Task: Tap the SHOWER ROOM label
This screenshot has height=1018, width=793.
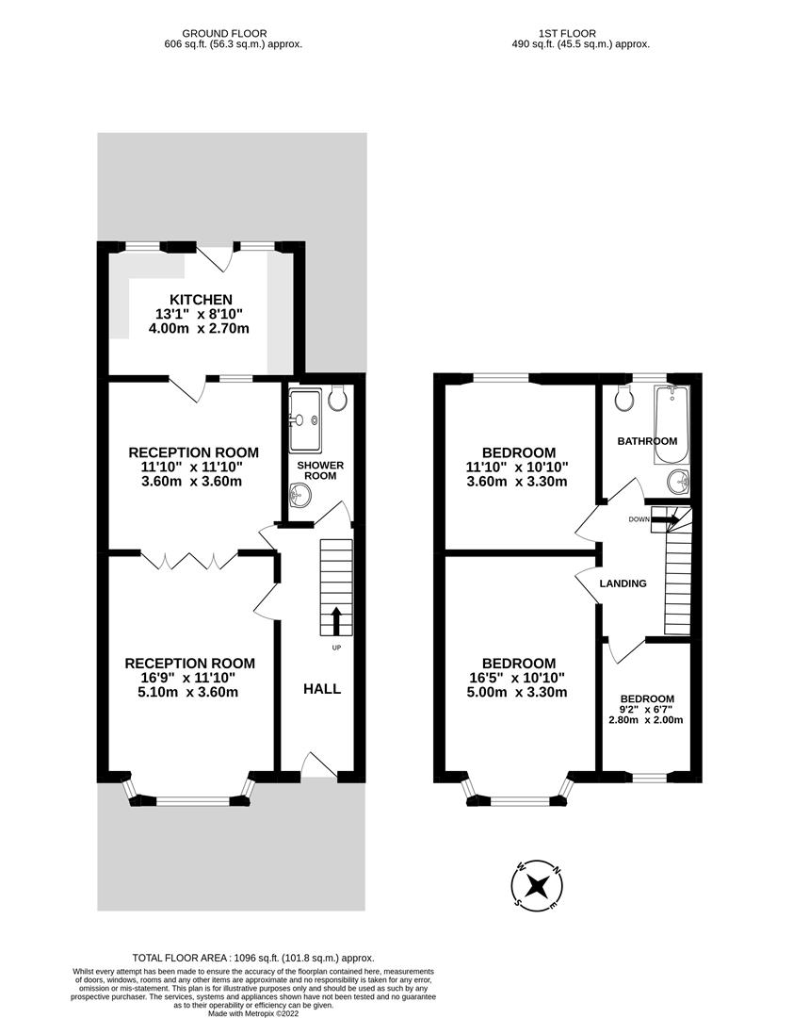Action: pos(320,471)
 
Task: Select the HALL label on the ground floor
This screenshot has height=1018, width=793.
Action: pos(321,689)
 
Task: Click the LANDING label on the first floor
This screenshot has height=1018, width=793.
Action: pos(623,583)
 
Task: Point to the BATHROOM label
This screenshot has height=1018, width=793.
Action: pos(647,441)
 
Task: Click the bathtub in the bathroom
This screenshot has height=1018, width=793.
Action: pos(672,425)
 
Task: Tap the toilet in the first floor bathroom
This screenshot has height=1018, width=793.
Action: pos(623,400)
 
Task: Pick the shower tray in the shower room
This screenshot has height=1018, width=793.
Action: pos(305,420)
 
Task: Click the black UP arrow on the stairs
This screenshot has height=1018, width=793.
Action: pos(335,621)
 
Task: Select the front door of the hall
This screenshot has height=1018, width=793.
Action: pos(319,766)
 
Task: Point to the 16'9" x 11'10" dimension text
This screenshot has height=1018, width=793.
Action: pos(190,678)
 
